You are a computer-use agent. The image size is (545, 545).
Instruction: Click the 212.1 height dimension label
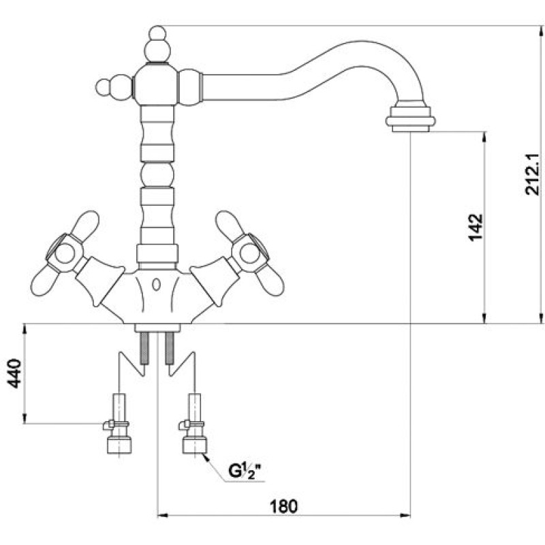pos(532,174)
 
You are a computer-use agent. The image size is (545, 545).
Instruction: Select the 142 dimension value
pos(476,227)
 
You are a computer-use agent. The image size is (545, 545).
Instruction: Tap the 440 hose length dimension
pos(14,373)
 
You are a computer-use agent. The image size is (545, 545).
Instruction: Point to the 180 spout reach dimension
pos(284,506)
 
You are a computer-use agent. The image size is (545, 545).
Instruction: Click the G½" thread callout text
pos(245,471)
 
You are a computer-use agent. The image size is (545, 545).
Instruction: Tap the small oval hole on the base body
pos(157,284)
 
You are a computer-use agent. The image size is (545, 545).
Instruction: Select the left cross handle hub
pos(65,254)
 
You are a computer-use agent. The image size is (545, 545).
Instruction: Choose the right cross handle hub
pos(250,253)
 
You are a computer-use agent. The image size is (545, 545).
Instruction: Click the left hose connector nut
pos(119,445)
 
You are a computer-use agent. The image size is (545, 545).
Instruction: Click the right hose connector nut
pos(195,445)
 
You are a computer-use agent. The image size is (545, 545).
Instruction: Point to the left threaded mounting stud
pos(144,348)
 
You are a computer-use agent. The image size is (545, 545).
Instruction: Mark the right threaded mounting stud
pos(169,348)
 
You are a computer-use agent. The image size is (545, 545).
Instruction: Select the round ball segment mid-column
pos(157,175)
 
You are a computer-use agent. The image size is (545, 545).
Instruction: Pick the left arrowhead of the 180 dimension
pos(163,515)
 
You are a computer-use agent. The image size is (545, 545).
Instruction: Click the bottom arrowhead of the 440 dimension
pos(25,418)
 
